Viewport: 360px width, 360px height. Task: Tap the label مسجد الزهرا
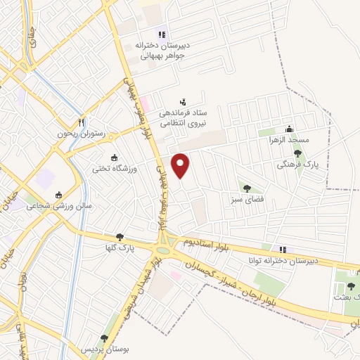click(308, 140)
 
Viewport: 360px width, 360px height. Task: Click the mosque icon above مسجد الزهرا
click(290, 129)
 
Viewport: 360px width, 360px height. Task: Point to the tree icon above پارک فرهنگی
click(297, 153)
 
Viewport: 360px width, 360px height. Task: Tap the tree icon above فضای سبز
click(246, 188)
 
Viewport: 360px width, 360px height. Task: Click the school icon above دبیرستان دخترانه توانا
click(283, 249)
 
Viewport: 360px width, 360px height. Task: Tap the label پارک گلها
click(116, 248)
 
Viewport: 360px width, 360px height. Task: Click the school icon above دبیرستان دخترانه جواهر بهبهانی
click(162, 33)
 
